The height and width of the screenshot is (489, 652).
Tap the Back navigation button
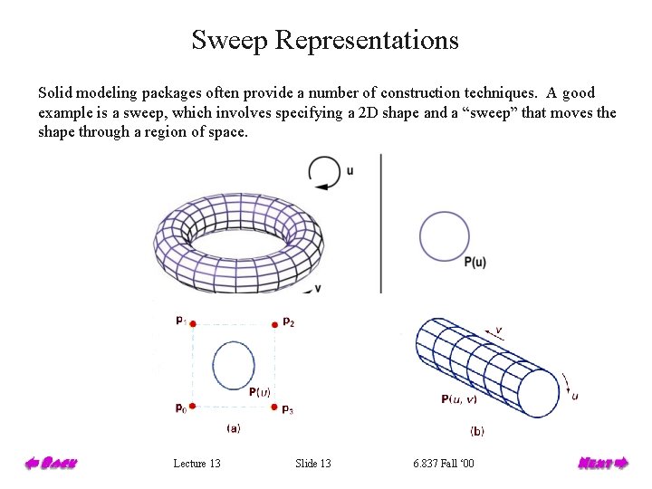[51, 464]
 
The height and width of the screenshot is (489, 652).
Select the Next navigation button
[603, 464]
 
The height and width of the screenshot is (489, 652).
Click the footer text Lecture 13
[197, 464]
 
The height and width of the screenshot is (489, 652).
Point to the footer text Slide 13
[313, 464]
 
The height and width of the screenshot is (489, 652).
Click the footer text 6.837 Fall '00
[443, 464]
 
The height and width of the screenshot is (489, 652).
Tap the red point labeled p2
[273, 323]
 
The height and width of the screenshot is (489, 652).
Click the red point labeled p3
[273, 407]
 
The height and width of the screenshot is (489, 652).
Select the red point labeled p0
[193, 407]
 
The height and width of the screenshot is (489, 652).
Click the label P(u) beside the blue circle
[475, 263]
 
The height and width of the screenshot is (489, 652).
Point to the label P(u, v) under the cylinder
[461, 399]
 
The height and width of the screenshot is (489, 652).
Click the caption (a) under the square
[233, 428]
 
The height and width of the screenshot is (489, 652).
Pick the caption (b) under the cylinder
[477, 431]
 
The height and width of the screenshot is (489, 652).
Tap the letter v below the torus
[317, 288]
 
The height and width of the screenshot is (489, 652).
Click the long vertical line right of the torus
[381, 222]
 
